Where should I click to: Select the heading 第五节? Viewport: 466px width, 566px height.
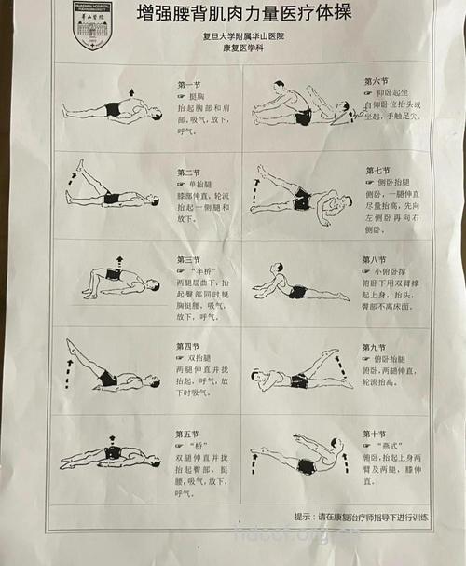187,434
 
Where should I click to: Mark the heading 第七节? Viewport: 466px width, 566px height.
377,171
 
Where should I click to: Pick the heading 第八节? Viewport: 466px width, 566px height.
375,259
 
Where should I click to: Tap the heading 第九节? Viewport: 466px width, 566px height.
376,347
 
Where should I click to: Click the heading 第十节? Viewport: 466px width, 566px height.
376,434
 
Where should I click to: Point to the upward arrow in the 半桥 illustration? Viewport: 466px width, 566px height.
118,261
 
